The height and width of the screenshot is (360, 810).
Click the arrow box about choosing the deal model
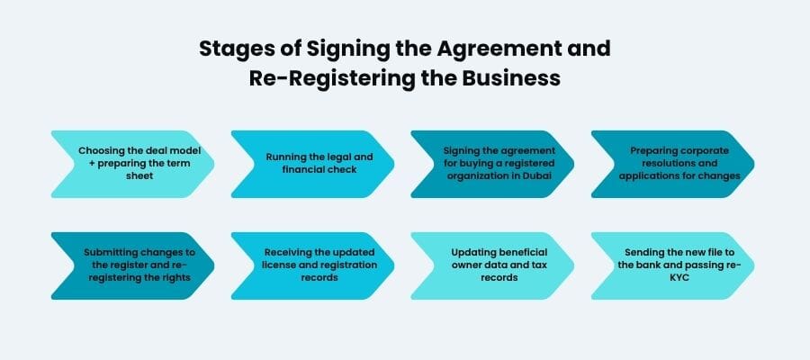tap(133, 164)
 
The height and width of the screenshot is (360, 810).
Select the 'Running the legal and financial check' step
tap(312, 164)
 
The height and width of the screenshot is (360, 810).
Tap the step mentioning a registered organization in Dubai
tap(492, 164)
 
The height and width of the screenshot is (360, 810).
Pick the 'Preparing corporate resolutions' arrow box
tap(672, 164)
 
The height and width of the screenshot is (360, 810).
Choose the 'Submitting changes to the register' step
tap(133, 265)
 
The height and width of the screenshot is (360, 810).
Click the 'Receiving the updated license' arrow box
tap(312, 265)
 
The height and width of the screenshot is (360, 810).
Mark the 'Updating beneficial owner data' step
tap(492, 265)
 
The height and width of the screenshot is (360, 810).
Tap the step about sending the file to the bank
tap(672, 265)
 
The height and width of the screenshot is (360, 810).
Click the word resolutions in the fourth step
tap(673, 163)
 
